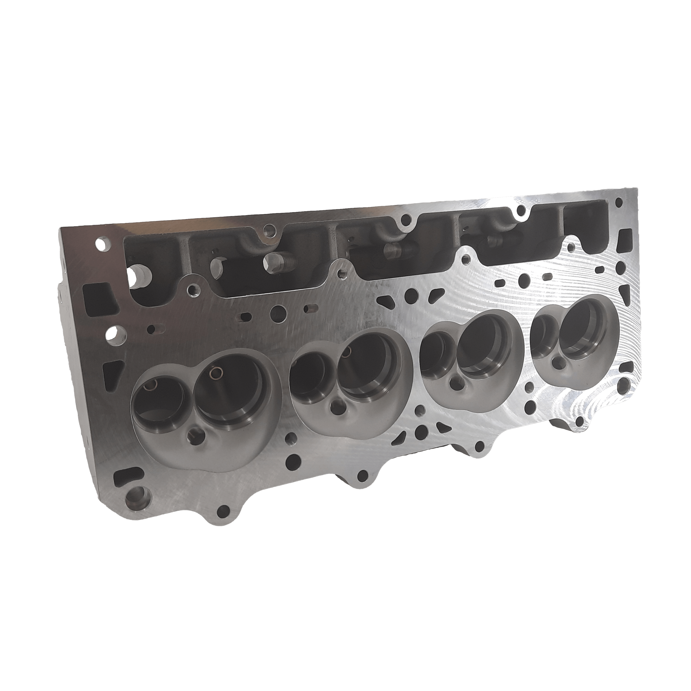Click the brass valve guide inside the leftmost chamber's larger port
click(216, 373)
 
